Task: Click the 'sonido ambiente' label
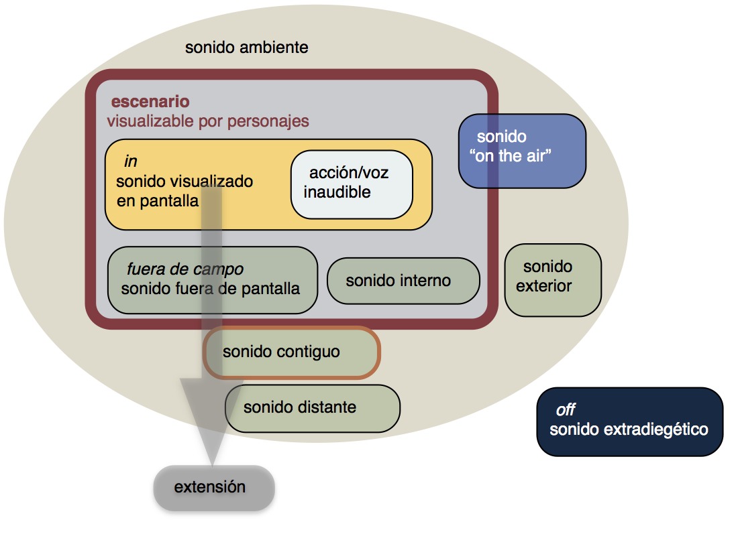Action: click(246, 48)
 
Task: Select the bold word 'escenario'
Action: click(150, 102)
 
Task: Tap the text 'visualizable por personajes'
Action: click(207, 121)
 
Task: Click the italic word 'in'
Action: click(131, 161)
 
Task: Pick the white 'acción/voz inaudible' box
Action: click(351, 184)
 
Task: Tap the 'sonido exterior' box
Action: click(552, 279)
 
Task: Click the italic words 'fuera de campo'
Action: click(185, 269)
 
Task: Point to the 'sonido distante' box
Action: click(312, 407)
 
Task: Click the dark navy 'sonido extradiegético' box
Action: click(629, 421)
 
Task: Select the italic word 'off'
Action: click(565, 410)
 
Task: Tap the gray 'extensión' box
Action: click(214, 487)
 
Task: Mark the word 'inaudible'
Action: click(337, 192)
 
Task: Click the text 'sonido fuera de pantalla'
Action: click(211, 289)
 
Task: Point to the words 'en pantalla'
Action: click(158, 200)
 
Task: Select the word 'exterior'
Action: click(544, 286)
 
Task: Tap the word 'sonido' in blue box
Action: click(501, 137)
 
